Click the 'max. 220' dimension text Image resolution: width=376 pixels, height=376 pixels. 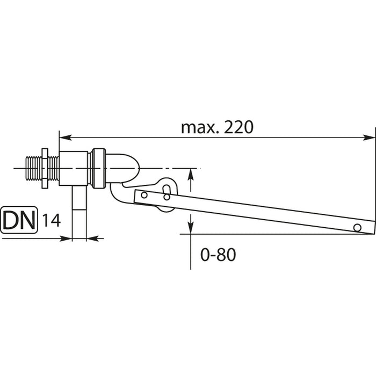[217, 127]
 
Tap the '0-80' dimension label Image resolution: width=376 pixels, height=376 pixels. [218, 255]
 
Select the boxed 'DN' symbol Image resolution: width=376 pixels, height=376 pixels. [19, 220]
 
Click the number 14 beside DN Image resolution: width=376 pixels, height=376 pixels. [52, 221]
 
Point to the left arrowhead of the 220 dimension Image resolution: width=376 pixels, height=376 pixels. [65, 138]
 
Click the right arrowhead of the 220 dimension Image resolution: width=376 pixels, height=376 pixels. [369, 138]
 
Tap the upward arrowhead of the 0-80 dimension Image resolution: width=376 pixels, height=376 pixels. [190, 175]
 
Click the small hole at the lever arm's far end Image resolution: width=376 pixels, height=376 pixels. [357, 227]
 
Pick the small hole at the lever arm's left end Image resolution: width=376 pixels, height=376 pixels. [144, 195]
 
